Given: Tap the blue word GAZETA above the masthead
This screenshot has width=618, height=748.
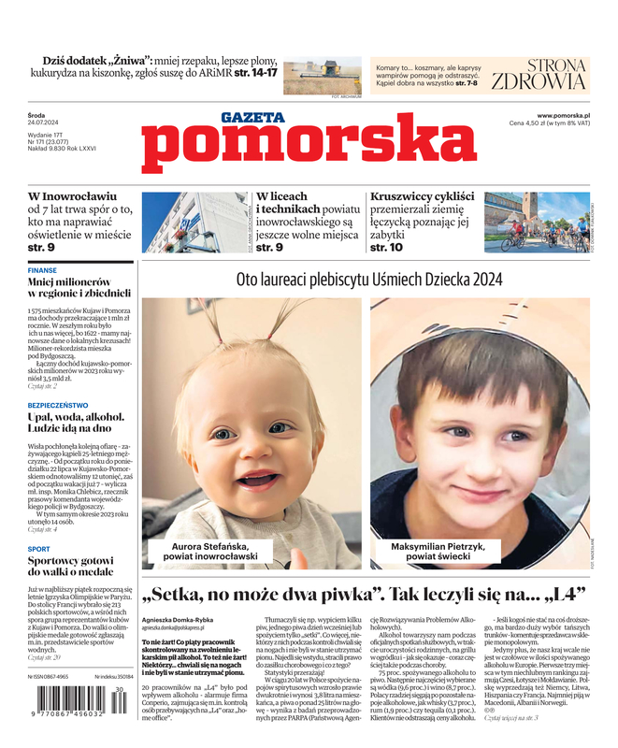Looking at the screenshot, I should point(252,118).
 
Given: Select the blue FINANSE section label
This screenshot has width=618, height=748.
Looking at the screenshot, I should point(42,270).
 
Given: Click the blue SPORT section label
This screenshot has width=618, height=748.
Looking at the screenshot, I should point(39,549).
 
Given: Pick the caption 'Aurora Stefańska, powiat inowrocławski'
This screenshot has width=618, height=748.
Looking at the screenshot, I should point(214,551).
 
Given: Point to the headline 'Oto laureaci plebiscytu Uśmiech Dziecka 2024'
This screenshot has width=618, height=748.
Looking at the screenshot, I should point(369,280).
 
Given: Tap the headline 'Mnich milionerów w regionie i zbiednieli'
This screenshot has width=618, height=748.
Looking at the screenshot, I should point(79,287).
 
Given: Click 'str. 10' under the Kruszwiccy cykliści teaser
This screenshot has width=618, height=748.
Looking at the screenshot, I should point(386,248).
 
